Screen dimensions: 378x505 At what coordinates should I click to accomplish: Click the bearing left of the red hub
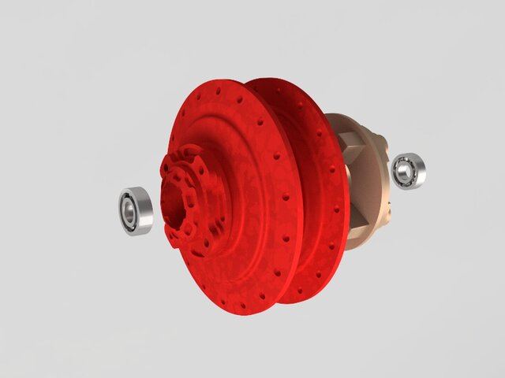tap(135, 210)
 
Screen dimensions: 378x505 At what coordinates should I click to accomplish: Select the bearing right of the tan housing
tap(408, 171)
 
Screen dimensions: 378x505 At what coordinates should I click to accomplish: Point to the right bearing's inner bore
tap(405, 171)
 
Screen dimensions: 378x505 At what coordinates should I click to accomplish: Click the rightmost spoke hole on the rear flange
tap(340, 209)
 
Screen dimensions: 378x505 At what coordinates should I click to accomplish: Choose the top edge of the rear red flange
tap(276, 80)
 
